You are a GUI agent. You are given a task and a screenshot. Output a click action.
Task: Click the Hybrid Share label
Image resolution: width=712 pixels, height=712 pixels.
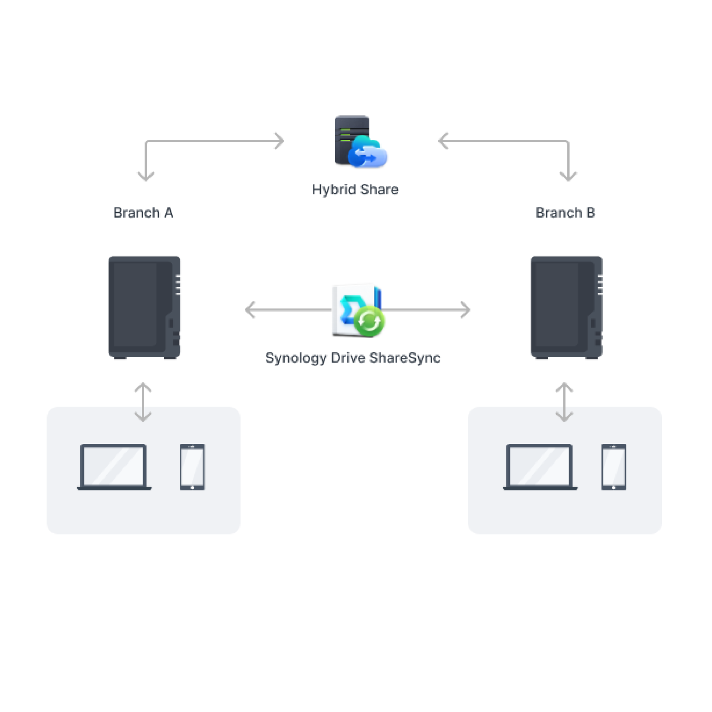(x=355, y=189)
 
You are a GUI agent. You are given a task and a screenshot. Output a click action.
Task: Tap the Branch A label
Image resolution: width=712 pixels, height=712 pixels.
(x=143, y=213)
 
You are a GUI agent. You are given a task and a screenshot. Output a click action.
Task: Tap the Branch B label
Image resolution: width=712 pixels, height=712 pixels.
(x=565, y=213)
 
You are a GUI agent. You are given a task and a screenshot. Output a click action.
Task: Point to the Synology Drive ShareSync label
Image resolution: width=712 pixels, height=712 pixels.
(x=353, y=358)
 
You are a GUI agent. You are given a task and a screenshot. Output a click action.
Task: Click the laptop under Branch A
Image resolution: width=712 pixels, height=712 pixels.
(x=114, y=467)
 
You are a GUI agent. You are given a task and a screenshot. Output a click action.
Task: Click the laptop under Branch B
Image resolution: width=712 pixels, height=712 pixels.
(x=540, y=467)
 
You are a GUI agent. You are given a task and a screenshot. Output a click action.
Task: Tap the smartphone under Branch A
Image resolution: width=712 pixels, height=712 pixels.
(x=192, y=467)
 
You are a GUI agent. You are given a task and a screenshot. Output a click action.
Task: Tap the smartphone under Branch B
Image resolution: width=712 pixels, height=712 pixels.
(x=614, y=467)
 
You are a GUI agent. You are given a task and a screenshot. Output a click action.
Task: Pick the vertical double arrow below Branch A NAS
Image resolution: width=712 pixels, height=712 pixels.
(x=143, y=402)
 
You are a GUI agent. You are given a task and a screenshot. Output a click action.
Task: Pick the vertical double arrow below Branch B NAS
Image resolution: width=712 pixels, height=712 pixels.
(x=564, y=402)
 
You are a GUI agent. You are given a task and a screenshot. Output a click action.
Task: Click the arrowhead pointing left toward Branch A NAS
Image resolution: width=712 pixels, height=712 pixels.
(x=250, y=310)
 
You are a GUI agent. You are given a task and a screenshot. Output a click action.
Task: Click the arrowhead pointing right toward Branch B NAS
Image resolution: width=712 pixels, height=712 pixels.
(x=466, y=310)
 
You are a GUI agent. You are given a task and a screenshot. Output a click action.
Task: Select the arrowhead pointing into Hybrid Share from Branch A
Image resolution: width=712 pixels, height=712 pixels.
(x=280, y=141)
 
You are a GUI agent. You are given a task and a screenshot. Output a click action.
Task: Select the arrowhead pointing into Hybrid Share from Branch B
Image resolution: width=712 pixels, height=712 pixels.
(x=442, y=141)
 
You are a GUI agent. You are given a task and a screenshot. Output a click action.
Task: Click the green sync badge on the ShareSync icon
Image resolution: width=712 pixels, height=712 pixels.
(x=369, y=321)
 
